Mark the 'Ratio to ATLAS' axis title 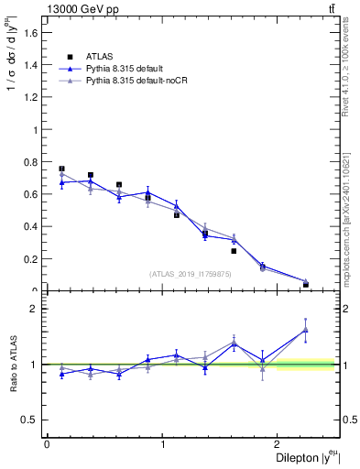(x=12, y=364)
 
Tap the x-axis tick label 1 (x=162, y=444)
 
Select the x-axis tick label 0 (x=47, y=444)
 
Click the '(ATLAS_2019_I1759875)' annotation (x=191, y=273)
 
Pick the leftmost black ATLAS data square (x=61, y=169)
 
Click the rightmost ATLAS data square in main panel (x=306, y=284)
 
